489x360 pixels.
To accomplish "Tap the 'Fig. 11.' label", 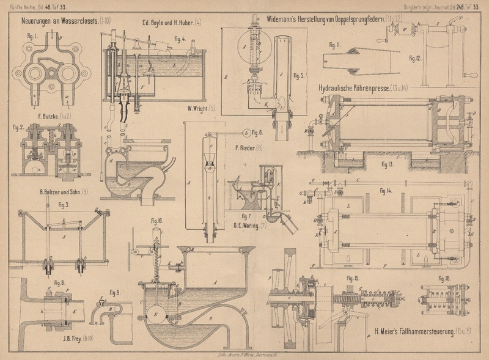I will [x=334, y=45].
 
